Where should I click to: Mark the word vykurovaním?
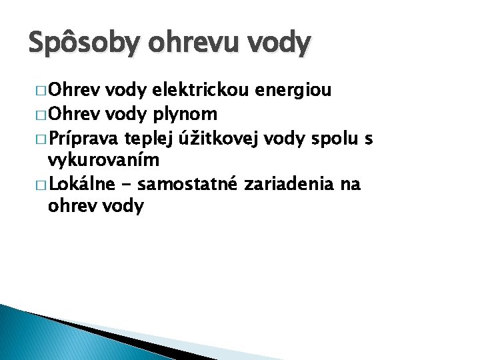103,161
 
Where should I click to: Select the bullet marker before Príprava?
39,139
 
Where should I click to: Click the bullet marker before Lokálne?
39,184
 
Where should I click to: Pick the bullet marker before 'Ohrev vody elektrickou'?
39,91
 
